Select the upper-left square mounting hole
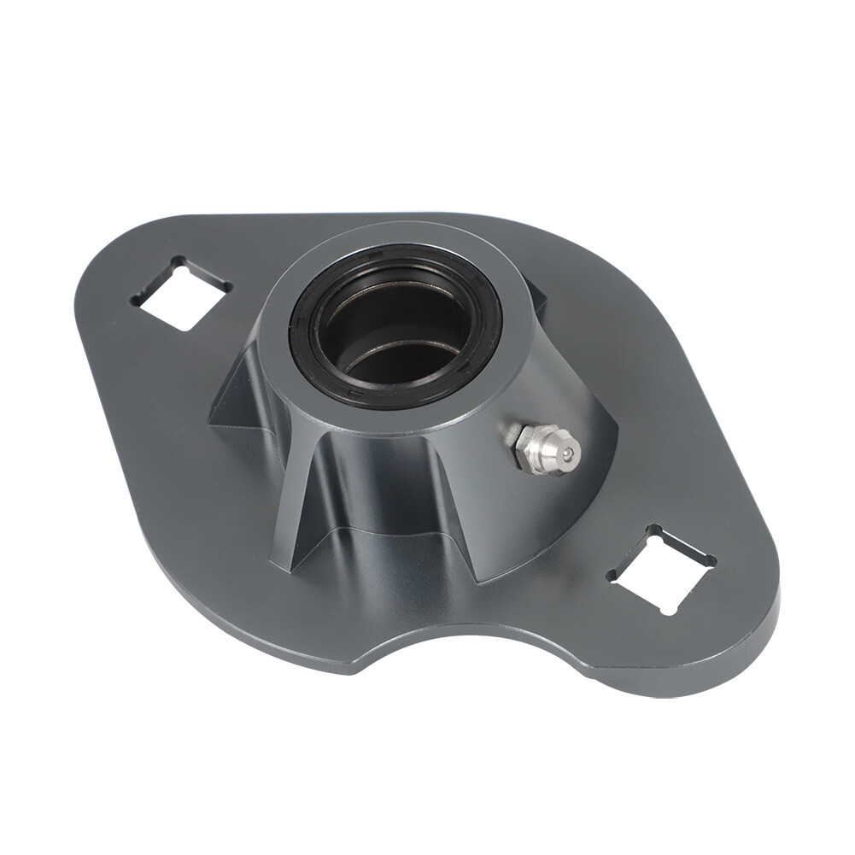point(180,293)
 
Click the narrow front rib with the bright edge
point(286,512)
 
